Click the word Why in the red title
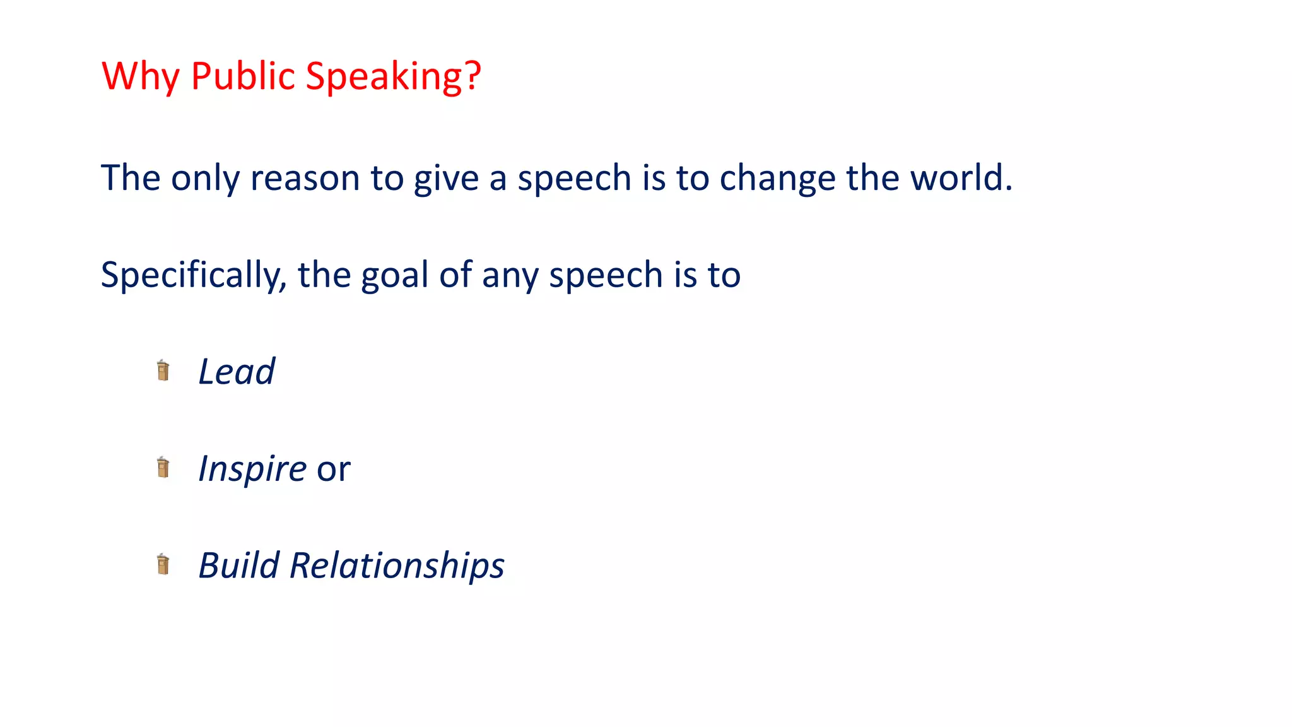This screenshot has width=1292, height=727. (x=141, y=76)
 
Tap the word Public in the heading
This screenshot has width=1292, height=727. (x=243, y=76)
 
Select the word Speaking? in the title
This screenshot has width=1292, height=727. (x=393, y=76)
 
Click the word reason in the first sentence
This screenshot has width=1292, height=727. (x=305, y=178)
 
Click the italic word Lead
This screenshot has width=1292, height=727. (x=237, y=371)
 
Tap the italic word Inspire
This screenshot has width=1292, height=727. (x=252, y=469)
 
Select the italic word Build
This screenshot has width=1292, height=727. (x=238, y=565)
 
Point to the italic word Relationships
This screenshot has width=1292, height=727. (x=397, y=565)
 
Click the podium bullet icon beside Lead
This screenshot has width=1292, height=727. (x=163, y=370)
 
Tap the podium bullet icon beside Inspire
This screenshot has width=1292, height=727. (x=163, y=468)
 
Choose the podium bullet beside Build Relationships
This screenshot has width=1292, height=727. (x=163, y=564)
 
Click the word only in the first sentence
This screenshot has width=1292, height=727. (x=205, y=178)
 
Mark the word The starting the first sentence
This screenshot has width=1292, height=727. (x=131, y=178)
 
